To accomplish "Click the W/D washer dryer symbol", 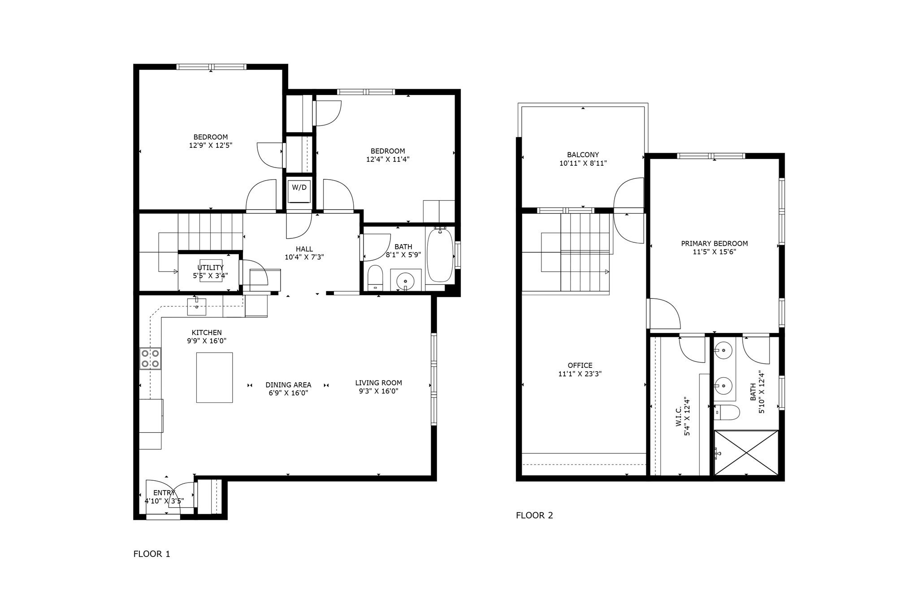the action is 299,190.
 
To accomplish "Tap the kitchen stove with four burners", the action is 151,358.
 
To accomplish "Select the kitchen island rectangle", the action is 214,377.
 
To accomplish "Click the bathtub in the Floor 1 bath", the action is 440,255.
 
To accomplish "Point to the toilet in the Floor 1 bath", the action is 375,278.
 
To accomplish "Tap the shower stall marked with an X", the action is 746,453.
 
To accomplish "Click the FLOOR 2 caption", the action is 534,515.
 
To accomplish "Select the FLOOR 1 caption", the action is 152,554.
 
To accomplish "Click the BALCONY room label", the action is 583,155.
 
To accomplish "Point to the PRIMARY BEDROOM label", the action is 714,244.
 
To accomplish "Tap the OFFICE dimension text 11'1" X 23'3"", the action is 580,374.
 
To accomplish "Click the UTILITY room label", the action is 210,268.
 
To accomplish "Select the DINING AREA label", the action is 288,385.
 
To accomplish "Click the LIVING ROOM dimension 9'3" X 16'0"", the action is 379,391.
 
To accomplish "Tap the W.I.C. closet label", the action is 679,416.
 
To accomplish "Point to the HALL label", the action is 304,249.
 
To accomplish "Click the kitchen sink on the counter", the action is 197,307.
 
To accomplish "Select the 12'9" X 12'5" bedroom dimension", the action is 211,145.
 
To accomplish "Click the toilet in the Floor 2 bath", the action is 726,412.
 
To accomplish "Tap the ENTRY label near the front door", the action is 164,493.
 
